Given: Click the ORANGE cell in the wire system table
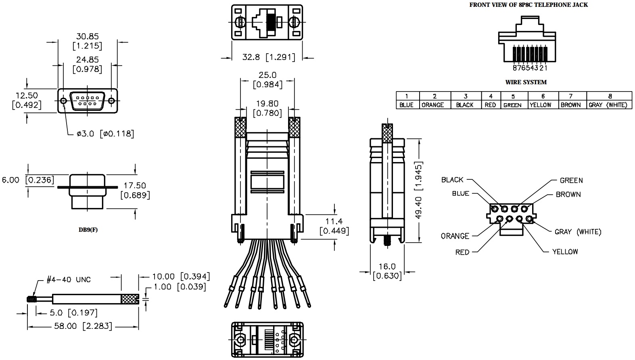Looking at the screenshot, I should click(x=432, y=105).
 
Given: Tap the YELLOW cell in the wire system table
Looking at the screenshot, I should click(x=540, y=105).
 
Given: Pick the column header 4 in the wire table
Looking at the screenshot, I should click(x=491, y=96).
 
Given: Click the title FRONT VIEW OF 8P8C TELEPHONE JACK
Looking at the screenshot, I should click(x=528, y=5).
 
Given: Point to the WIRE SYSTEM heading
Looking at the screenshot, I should click(x=526, y=82).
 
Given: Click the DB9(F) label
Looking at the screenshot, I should click(x=88, y=230).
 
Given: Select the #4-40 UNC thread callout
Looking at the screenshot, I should click(x=69, y=279).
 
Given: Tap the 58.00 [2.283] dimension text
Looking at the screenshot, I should click(x=83, y=326).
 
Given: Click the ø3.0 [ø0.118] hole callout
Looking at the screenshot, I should click(x=105, y=133).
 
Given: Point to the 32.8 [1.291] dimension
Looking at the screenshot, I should click(x=268, y=57).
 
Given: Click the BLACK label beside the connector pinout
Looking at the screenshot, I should click(x=452, y=180).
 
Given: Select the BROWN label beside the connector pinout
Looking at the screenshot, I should click(x=568, y=194).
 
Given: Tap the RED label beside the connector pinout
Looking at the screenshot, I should click(x=462, y=252).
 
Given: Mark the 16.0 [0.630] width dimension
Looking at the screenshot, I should click(x=387, y=271).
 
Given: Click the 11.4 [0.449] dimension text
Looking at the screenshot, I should click(x=334, y=226).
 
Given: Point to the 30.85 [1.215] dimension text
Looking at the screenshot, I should click(x=87, y=41).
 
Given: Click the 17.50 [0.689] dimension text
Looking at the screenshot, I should click(x=135, y=190).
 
